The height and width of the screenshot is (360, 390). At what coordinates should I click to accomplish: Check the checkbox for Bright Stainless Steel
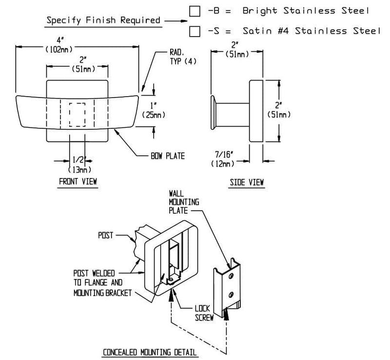195,11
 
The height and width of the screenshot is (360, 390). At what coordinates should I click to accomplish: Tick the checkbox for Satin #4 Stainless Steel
195,32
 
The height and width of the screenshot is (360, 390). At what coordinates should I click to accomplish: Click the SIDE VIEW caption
246,182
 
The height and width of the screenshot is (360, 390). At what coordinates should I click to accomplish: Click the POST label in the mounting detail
105,235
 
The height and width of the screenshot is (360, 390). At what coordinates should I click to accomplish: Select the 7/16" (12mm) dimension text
223,159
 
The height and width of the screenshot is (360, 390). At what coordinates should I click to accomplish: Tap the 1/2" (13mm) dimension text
77,163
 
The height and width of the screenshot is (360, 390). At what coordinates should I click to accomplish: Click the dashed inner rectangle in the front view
78,115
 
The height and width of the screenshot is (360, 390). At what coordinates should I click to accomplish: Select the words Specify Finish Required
103,20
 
